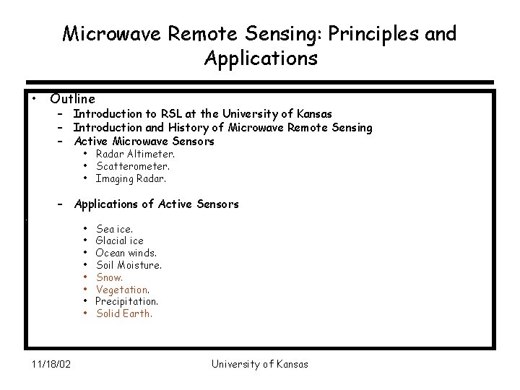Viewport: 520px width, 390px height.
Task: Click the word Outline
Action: pyautogui.click(x=72, y=98)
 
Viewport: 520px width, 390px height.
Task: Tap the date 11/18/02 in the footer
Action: pyautogui.click(x=51, y=364)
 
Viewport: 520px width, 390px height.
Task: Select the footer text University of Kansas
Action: pyautogui.click(x=259, y=364)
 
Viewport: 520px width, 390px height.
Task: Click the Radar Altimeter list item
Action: pyautogui.click(x=135, y=154)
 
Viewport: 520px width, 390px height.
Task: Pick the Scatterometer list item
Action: pyautogui.click(x=133, y=166)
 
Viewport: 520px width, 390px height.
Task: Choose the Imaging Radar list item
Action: pyautogui.click(x=131, y=178)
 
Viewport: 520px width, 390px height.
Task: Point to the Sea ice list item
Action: pyautogui.click(x=114, y=229)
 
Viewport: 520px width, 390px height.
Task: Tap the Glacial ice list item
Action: pyautogui.click(x=120, y=240)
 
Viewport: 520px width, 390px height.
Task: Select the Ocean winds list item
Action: pyautogui.click(x=126, y=253)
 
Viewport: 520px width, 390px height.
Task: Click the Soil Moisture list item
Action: pyautogui.click(x=129, y=265)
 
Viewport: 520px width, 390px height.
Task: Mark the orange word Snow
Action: pyautogui.click(x=110, y=277)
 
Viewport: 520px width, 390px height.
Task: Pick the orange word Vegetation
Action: pyautogui.click(x=123, y=290)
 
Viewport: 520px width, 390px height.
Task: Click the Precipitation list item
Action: pyautogui.click(x=127, y=301)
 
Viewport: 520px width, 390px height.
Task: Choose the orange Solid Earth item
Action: pyautogui.click(x=124, y=313)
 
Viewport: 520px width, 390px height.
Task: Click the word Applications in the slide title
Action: pyautogui.click(x=261, y=58)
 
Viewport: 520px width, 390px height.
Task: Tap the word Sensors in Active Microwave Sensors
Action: pyautogui.click(x=194, y=142)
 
